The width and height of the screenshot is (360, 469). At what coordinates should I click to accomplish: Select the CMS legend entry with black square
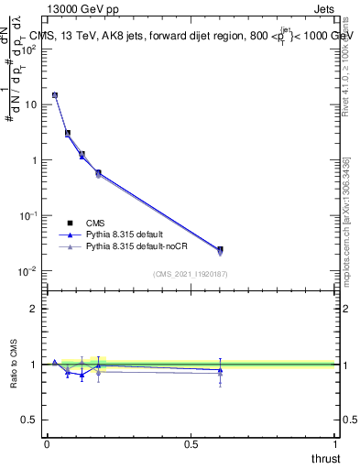click(x=94, y=223)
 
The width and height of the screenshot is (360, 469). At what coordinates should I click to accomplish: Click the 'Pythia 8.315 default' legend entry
click(x=122, y=234)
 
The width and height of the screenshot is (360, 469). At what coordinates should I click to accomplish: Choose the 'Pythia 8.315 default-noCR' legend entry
click(x=132, y=247)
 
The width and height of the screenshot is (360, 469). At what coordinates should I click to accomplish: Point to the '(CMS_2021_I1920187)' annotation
click(x=191, y=274)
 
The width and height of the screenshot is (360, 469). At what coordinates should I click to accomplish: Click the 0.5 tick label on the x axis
click(x=191, y=443)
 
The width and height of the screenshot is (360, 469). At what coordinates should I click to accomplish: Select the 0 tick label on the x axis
click(x=47, y=443)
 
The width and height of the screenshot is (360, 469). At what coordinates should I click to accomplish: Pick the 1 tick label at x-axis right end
click(x=336, y=443)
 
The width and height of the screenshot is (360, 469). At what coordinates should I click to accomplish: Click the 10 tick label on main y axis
click(x=30, y=104)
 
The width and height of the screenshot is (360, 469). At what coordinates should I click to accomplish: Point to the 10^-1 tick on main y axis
click(x=29, y=215)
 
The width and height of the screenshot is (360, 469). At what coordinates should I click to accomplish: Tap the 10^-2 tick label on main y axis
click(x=29, y=271)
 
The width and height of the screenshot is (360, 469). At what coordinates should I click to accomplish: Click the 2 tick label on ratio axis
click(x=35, y=309)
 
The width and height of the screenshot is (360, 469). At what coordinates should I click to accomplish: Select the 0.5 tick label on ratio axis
click(x=30, y=420)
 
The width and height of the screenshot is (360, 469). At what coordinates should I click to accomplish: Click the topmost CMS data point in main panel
click(x=55, y=95)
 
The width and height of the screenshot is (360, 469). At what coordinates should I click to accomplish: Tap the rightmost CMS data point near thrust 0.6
click(x=220, y=249)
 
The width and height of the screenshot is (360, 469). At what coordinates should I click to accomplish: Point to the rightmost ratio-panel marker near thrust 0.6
click(x=220, y=370)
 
